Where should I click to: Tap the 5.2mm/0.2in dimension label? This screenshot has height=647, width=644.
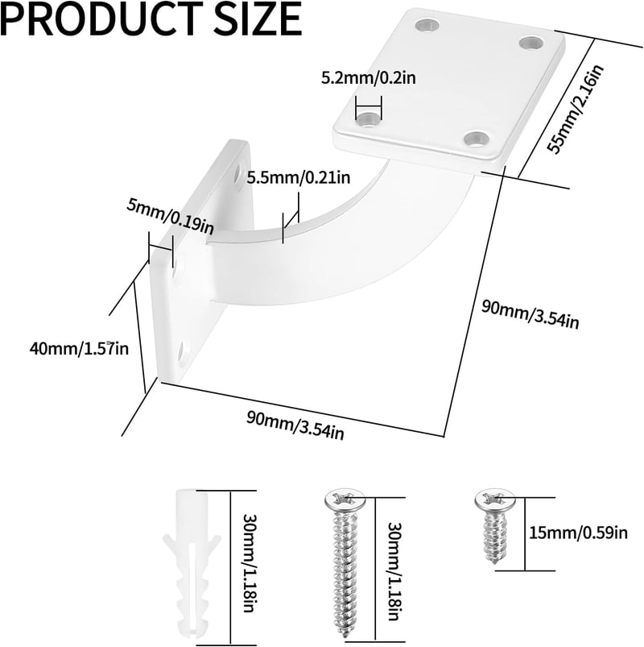(x=369, y=77)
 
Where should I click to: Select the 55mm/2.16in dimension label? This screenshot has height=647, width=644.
(x=575, y=110)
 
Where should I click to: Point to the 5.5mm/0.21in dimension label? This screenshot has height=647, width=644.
(x=299, y=177)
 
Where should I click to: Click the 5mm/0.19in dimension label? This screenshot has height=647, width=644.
(x=170, y=218)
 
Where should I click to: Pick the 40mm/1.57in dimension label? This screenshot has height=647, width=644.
(x=79, y=349)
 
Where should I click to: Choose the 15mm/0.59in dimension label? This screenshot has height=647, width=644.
(x=579, y=533)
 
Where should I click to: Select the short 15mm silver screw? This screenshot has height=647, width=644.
(x=495, y=526)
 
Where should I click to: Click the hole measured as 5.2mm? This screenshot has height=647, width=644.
(x=369, y=119)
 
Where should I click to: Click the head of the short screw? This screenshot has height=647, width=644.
(x=495, y=500)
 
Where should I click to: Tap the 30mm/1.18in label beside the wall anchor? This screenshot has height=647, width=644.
(x=249, y=562)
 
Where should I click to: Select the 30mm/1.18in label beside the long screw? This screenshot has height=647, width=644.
(x=395, y=571)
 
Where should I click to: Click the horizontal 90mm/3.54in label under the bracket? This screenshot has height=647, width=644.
(x=295, y=425)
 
